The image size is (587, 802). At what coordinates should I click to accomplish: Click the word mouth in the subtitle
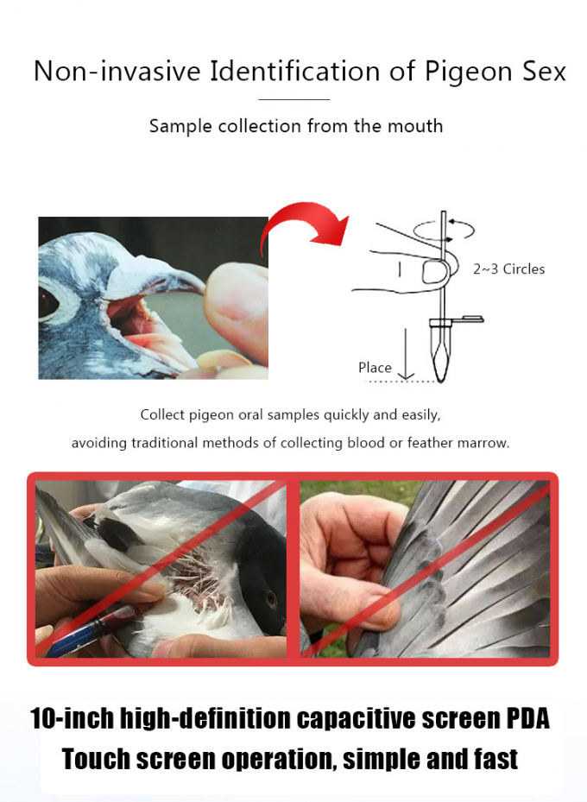click(x=414, y=126)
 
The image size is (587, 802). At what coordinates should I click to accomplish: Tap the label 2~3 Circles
click(x=508, y=269)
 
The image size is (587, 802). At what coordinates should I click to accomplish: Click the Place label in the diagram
click(x=375, y=368)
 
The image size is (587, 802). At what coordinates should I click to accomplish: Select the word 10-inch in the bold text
click(x=71, y=718)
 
